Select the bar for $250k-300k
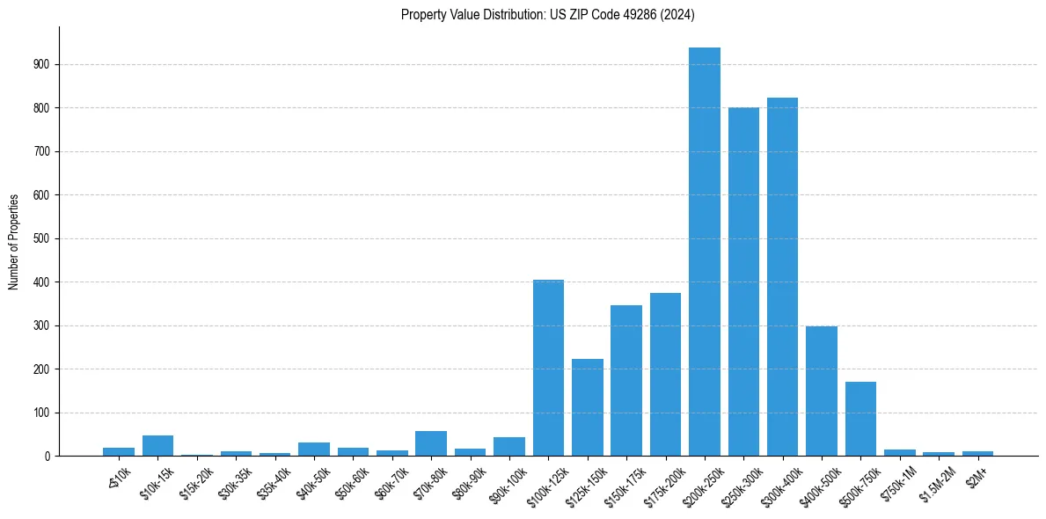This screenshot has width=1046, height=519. (x=743, y=281)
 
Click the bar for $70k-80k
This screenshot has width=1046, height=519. (x=431, y=443)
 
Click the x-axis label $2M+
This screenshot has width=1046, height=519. (x=976, y=473)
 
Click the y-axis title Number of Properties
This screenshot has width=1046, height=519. (x=14, y=242)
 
